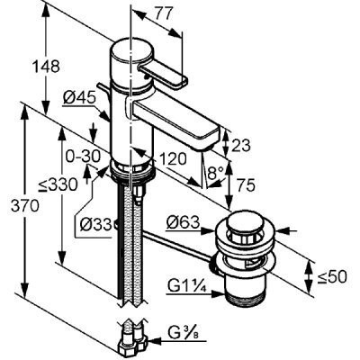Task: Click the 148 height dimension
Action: (x=46, y=67)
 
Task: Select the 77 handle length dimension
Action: (x=165, y=14)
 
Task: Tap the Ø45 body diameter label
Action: (x=79, y=98)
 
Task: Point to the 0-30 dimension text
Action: (x=83, y=157)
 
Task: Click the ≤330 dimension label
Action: (x=58, y=185)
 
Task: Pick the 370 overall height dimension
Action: (x=25, y=206)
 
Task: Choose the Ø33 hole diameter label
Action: (x=96, y=224)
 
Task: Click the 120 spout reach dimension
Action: (x=173, y=159)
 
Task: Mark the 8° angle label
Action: (x=216, y=173)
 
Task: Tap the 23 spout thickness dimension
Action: (x=240, y=146)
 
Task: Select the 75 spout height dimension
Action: (x=246, y=184)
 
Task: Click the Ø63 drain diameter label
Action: (x=184, y=222)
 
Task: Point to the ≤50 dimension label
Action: (x=332, y=276)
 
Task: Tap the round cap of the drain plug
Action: (x=246, y=222)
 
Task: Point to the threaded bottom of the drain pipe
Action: (x=247, y=299)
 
